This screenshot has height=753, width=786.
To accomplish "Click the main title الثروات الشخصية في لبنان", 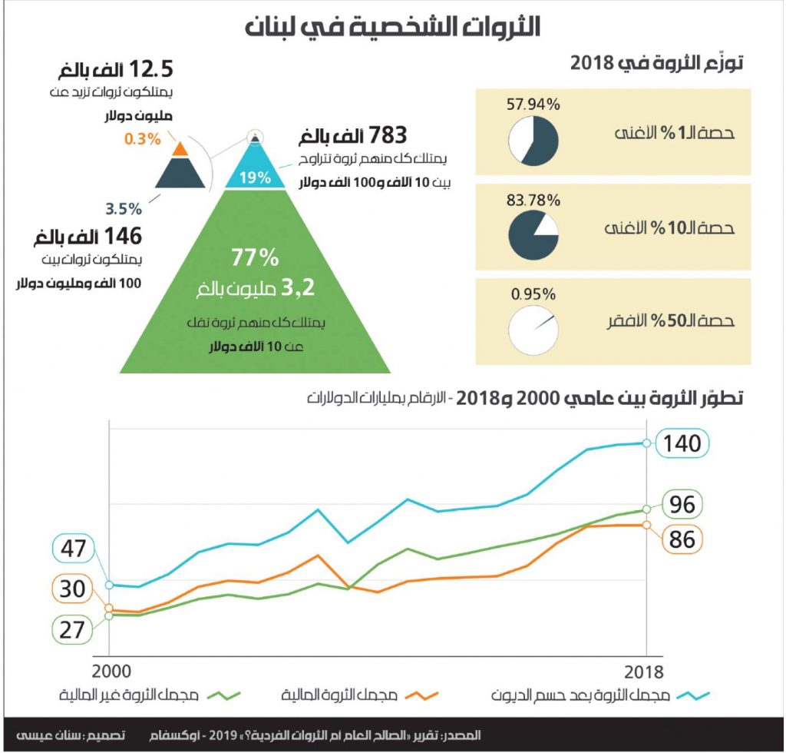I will pyautogui.click(x=392, y=26).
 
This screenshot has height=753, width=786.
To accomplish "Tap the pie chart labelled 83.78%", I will pyautogui.click(x=533, y=234).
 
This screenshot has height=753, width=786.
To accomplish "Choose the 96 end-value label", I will pyautogui.click(x=682, y=505).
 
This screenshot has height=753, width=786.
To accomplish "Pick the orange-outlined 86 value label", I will pyautogui.click(x=682, y=539).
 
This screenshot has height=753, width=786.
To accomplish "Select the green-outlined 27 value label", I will pyautogui.click(x=72, y=630).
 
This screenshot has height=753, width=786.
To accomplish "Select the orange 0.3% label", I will pyautogui.click(x=142, y=139).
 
